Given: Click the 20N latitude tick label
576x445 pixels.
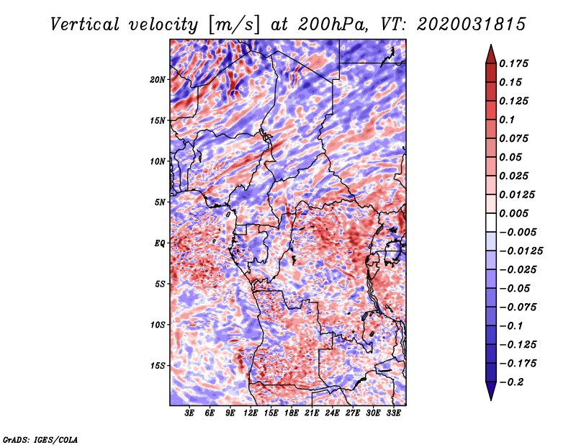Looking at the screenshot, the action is pos(158,80).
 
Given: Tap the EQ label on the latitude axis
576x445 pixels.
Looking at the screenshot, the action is pos(160,243).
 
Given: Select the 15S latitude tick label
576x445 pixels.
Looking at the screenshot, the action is pos(158,366).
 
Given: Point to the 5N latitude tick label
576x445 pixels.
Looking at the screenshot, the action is pos(160,202).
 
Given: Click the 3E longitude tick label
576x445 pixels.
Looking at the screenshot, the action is pos(189,413).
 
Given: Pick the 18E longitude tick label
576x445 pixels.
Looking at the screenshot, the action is pos(292,413).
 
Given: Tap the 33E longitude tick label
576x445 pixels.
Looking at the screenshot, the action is pos(393,413).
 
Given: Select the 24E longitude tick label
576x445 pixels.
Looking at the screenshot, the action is pos(332,413).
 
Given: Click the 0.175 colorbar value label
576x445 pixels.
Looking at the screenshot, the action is pos(513,63).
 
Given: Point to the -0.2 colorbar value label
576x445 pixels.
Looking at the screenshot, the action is pos(511,382).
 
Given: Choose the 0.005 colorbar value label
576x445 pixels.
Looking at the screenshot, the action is pos(513,213).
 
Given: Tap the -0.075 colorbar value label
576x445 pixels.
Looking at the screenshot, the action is pos(518,307).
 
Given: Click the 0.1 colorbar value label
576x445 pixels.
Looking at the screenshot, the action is pos(507,120).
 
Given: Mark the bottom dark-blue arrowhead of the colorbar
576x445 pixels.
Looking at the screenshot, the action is pos(491,391).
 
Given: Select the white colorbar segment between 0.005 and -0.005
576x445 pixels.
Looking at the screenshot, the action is pos(491,223).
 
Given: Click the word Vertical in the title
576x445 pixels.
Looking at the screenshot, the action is pos(85,24).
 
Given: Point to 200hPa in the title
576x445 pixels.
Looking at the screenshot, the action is pos(333,24).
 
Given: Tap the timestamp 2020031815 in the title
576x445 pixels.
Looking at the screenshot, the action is pos(472,24).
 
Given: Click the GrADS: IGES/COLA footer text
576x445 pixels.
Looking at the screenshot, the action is pos(40,439).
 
